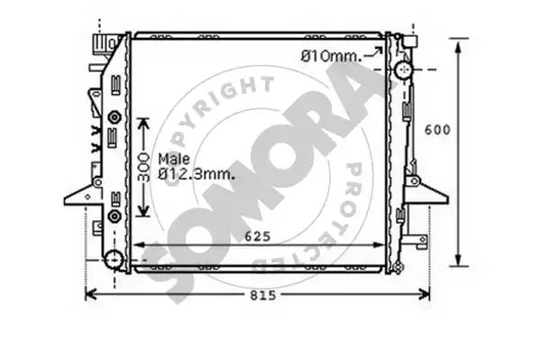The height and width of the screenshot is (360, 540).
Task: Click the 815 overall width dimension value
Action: (x=262, y=296)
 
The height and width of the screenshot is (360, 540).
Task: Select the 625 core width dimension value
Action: (x=258, y=236)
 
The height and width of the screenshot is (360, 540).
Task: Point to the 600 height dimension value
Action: (x=437, y=130)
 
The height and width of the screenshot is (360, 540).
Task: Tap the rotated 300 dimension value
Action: (x=143, y=168)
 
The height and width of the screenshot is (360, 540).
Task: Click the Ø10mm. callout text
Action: (x=331, y=56)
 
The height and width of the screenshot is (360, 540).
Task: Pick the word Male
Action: (x=174, y=159)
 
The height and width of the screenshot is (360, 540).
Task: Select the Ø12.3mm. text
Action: (x=197, y=174)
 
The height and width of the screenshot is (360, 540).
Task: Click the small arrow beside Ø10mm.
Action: (x=373, y=52)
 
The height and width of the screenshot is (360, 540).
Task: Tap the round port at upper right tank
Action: (x=404, y=69)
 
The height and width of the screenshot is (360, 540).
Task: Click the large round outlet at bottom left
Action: (x=114, y=260)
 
